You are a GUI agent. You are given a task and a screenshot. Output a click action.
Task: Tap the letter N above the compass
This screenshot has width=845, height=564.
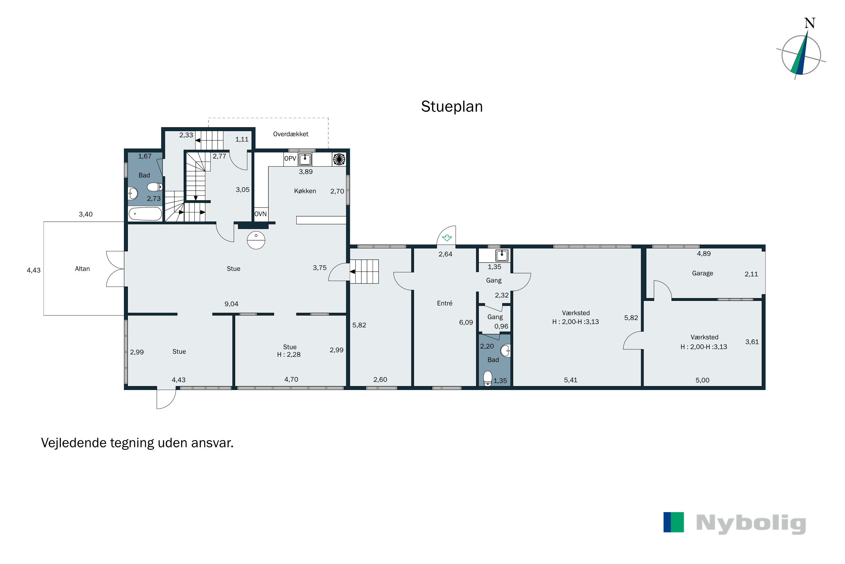810,23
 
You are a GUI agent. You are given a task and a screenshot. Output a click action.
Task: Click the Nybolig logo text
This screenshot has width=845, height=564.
751,523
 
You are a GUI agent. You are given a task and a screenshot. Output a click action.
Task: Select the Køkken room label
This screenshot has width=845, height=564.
305,191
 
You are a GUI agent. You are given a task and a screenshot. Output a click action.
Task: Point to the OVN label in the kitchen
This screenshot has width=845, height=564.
261,214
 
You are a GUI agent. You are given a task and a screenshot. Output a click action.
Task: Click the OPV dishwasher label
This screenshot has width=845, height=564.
290,158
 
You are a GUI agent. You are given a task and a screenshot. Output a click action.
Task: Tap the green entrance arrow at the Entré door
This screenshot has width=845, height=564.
446,238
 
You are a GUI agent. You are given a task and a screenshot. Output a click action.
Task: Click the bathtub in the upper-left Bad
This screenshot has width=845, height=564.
145,214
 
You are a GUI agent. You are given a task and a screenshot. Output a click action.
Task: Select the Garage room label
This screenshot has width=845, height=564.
702,273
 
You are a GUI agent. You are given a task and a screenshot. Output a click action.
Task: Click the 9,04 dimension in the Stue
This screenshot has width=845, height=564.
231,304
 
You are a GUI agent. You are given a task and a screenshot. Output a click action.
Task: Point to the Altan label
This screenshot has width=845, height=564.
82,269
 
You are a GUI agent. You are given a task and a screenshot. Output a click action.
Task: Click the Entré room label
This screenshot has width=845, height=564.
444,303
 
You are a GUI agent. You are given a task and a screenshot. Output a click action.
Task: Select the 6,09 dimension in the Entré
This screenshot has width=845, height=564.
466,323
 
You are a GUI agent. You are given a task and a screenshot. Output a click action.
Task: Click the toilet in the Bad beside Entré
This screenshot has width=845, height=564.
488,378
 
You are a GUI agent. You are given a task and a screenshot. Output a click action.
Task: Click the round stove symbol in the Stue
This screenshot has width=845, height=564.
256,240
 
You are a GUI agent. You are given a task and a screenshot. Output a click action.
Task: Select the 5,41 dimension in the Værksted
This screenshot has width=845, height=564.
571,380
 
